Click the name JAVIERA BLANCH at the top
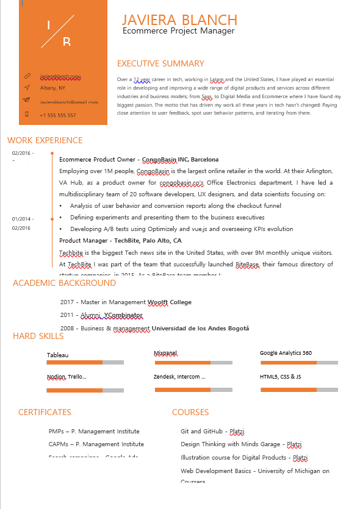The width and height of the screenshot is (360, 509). click(x=179, y=20)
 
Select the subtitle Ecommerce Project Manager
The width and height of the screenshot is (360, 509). click(x=178, y=31)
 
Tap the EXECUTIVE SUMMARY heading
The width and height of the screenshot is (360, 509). click(x=160, y=63)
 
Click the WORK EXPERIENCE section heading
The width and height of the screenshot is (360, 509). click(x=45, y=140)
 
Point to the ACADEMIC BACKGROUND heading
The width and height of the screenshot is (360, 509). click(x=64, y=283)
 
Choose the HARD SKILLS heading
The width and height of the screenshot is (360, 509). click(x=38, y=336)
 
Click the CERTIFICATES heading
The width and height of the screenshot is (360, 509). click(x=45, y=412)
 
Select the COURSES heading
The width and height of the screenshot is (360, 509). click(x=190, y=412)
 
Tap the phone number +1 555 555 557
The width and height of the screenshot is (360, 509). click(x=58, y=115)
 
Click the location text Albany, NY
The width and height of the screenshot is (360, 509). click(x=52, y=88)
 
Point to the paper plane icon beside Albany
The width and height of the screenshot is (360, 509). click(x=27, y=88)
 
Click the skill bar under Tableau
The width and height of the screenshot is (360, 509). click(x=85, y=363)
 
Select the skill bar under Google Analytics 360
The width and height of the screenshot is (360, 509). click(x=299, y=363)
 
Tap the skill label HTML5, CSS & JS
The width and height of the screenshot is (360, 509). click(x=280, y=377)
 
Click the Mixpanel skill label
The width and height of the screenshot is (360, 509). click(x=165, y=353)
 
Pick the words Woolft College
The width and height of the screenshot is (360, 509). click(x=169, y=302)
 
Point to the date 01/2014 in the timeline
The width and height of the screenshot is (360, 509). click(x=22, y=219)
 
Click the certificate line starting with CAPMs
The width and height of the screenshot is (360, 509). click(x=96, y=444)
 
